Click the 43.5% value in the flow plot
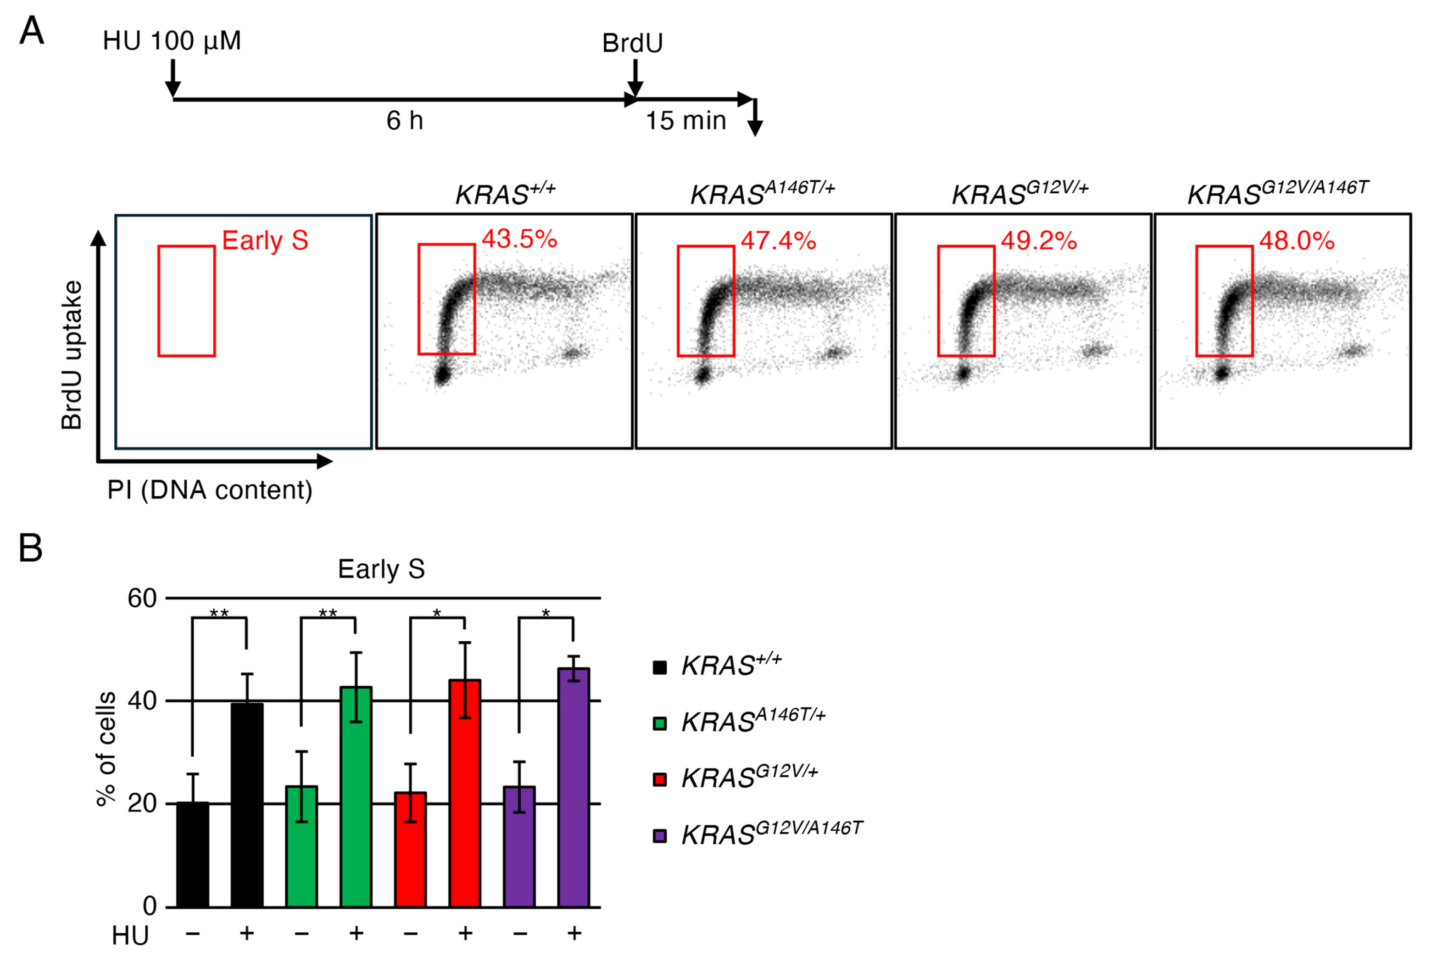click(x=519, y=239)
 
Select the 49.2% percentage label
click(x=1039, y=241)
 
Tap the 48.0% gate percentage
click(x=1297, y=241)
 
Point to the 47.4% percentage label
click(x=779, y=241)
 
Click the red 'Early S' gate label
click(x=265, y=240)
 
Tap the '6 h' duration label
click(x=405, y=120)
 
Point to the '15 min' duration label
click(x=686, y=120)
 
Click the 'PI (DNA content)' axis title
click(x=210, y=490)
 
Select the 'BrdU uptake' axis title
click(x=72, y=355)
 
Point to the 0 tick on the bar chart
click(x=149, y=906)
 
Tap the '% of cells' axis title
click(x=106, y=749)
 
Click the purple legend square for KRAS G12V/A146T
click(x=660, y=836)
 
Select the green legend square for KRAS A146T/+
click(x=660, y=723)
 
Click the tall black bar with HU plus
click(x=247, y=805)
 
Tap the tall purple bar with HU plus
click(x=574, y=787)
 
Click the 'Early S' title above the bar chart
click(x=381, y=569)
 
